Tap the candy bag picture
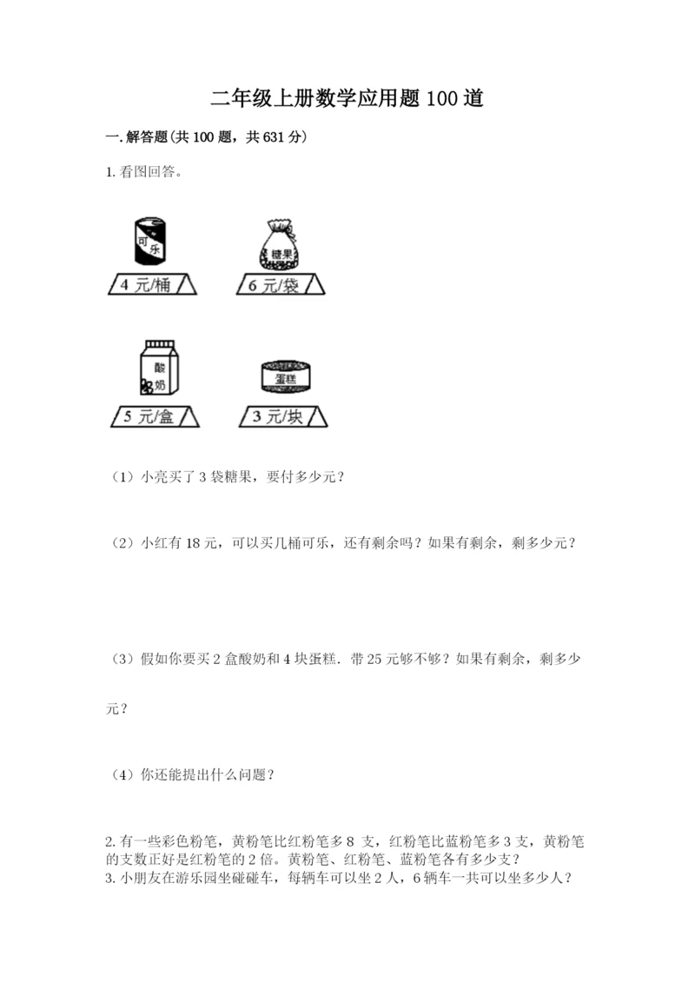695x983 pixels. tap(281, 244)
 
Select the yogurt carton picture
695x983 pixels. tap(157, 371)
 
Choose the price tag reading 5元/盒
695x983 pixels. tap(155, 417)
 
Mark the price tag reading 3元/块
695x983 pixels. tap(283, 417)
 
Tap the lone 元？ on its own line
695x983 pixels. tap(116, 709)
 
